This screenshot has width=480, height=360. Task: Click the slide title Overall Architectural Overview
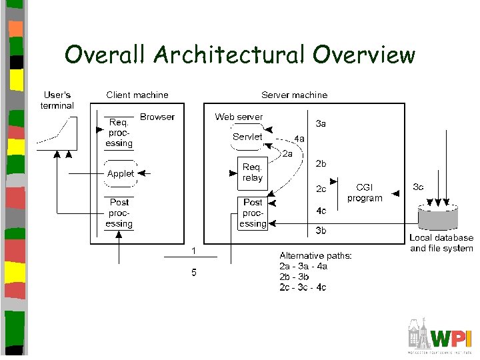coord(239,55)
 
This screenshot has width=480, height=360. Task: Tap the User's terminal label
coord(57,100)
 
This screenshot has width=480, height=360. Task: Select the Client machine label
coord(137,95)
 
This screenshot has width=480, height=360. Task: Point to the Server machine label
coord(294,95)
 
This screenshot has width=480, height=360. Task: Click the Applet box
coord(121,173)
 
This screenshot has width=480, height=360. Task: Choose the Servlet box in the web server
coord(247,137)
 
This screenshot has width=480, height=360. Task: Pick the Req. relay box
coord(253,173)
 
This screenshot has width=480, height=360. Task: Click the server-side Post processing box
coord(253,213)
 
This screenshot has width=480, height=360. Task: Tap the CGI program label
coord(365,193)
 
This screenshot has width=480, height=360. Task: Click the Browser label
coord(157,117)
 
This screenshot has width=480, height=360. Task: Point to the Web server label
coord(239,117)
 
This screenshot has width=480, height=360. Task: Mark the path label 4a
coord(299,139)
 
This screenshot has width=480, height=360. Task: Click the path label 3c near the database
coord(418,187)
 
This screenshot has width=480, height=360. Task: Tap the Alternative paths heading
coord(316,255)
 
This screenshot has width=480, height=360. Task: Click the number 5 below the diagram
coord(194,272)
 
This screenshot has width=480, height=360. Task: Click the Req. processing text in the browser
coord(119,133)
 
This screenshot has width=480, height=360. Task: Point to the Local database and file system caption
coord(441,243)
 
